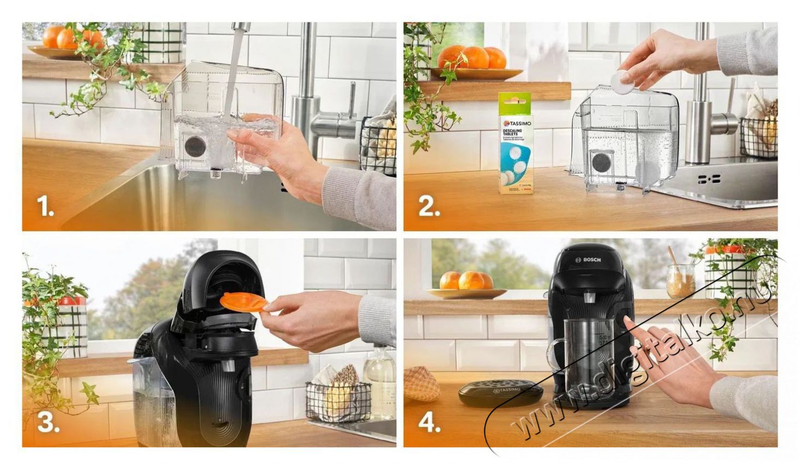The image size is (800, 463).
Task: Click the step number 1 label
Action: point(45,206)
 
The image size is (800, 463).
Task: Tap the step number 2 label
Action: point(429,207)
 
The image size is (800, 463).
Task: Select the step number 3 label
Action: point(48,423)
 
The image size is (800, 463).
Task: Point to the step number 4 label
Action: point(429,423)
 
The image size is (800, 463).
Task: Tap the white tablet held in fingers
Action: point(621,82)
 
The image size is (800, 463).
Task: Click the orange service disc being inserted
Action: point(243,303)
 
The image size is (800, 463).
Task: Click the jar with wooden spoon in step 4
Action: point(680,280)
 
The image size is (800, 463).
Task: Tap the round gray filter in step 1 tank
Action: point(195,146)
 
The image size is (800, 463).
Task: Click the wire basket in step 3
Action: point(338,400)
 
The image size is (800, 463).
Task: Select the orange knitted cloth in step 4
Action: point(421,383)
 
